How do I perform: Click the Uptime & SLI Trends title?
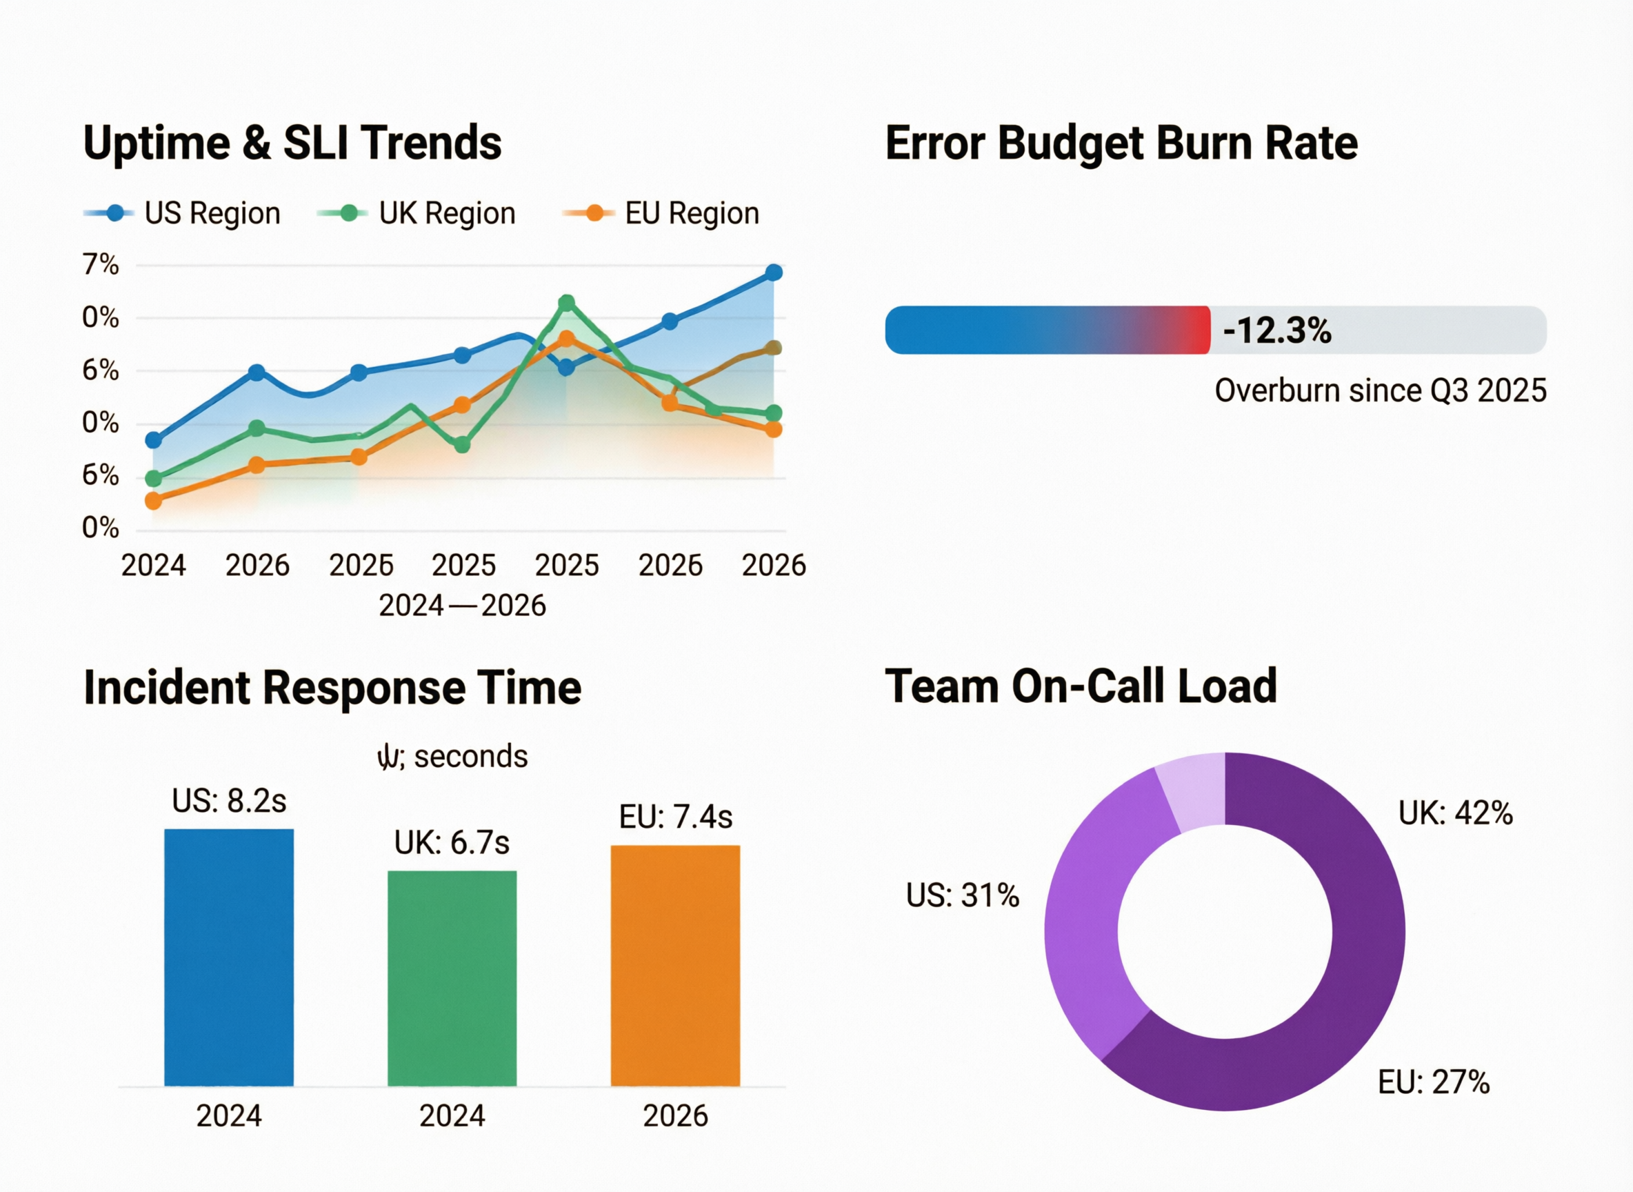[x=292, y=143]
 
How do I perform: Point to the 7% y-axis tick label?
[x=100, y=265]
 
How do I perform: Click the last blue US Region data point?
[x=773, y=272]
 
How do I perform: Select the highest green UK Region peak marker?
[x=567, y=303]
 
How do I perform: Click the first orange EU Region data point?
[x=154, y=501]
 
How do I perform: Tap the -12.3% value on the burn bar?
[x=1276, y=330]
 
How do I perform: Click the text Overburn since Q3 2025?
[x=1380, y=390]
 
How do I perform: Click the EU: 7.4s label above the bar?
[x=675, y=817]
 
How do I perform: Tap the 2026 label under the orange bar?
[x=675, y=1116]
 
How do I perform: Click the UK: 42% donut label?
[x=1455, y=813]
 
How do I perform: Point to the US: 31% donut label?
[x=962, y=895]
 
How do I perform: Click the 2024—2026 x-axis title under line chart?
[x=462, y=606]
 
